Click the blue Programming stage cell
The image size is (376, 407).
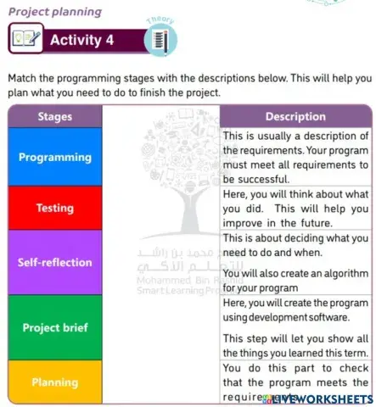(55, 157)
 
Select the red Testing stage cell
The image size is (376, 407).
(55, 208)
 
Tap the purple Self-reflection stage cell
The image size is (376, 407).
(55, 262)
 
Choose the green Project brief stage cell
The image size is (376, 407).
(55, 327)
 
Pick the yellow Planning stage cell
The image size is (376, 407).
(55, 382)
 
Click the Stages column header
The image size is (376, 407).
(55, 116)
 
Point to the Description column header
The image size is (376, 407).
(295, 116)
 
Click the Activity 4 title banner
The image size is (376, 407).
(82, 40)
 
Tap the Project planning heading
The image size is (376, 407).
(55, 12)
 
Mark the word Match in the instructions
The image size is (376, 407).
(24, 77)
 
